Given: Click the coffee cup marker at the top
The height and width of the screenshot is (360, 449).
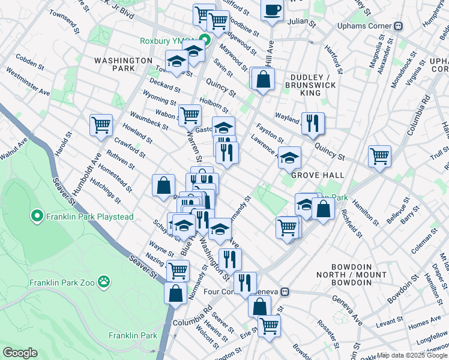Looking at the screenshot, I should pyautogui.click(x=273, y=10).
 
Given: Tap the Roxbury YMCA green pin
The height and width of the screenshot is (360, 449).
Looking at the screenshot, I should pyautogui.click(x=205, y=41).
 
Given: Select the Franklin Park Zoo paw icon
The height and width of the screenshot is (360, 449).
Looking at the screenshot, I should pyautogui.click(x=104, y=281).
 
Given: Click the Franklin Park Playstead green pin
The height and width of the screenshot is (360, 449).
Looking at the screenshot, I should pyautogui.click(x=36, y=215).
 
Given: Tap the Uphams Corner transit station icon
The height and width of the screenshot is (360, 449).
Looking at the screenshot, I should pyautogui.click(x=397, y=26).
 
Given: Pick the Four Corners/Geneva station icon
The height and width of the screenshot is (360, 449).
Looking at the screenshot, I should pyautogui.click(x=286, y=292).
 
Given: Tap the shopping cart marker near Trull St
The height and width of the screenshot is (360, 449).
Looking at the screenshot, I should pyautogui.click(x=380, y=156).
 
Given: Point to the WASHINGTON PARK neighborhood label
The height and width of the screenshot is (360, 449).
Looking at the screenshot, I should pyautogui.click(x=123, y=65).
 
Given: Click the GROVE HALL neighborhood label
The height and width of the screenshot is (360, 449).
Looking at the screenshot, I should pyautogui.click(x=318, y=175).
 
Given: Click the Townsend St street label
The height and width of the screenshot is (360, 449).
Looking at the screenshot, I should pyautogui.click(x=64, y=21).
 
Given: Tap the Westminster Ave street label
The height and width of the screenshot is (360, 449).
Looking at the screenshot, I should pyautogui.click(x=28, y=82).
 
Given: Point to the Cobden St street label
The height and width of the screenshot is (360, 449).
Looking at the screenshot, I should pyautogui.click(x=28, y=60).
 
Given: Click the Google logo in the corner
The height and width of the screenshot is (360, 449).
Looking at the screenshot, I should pyautogui.click(x=20, y=353).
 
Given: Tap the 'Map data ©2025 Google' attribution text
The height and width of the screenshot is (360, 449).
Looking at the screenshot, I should pyautogui.click(x=412, y=356).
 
